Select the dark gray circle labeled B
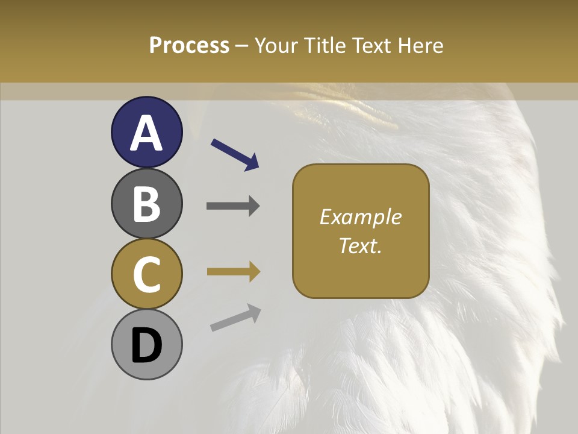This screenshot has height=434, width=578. pyautogui.click(x=146, y=203)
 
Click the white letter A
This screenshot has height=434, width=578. pyautogui.click(x=146, y=133)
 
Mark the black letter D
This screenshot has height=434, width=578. pyautogui.click(x=146, y=345)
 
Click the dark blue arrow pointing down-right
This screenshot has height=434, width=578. pyautogui.click(x=235, y=154)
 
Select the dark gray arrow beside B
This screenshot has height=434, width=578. pyautogui.click(x=233, y=206)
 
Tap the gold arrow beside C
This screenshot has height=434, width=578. pyautogui.click(x=233, y=272)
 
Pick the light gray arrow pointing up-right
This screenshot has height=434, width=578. pyautogui.click(x=235, y=318)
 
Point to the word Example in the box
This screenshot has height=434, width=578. pyautogui.click(x=361, y=217)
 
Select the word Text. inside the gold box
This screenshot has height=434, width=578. pyautogui.click(x=361, y=245)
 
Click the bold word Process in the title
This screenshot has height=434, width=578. pyautogui.click(x=189, y=45)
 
